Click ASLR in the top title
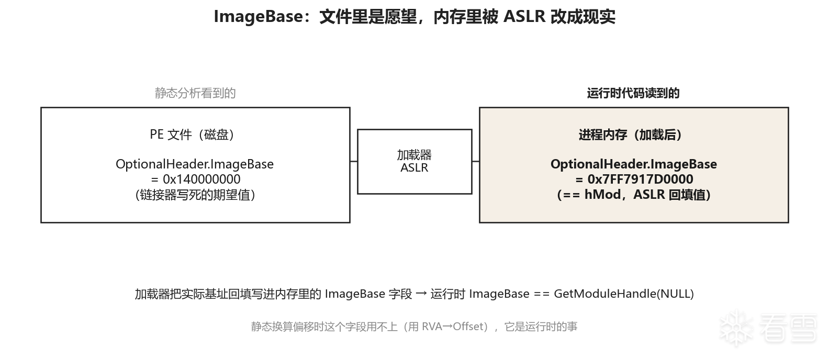click(524, 17)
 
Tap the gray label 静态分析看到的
click(195, 93)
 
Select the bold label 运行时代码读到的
click(633, 93)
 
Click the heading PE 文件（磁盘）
click(192, 134)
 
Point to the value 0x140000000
click(201, 179)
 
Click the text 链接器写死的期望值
click(195, 195)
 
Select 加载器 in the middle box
click(414, 155)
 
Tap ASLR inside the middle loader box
click(414, 167)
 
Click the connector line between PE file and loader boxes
click(354, 161)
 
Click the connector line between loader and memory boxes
click(476, 161)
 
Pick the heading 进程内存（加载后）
click(630, 134)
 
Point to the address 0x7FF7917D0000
click(640, 179)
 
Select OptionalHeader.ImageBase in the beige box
click(634, 164)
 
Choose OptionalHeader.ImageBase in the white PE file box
click(195, 164)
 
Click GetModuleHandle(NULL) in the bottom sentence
click(624, 294)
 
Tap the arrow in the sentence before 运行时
click(421, 294)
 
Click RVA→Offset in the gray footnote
click(453, 327)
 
